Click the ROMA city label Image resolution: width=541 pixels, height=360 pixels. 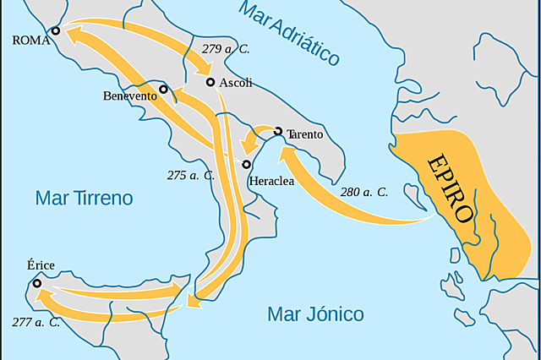(30, 39)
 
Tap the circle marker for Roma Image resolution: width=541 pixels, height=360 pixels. (56, 30)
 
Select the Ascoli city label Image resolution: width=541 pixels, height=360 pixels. (236, 83)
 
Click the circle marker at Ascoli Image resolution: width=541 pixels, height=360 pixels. (210, 82)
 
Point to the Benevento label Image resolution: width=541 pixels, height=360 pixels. (130, 96)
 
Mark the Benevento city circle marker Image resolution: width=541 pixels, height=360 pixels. (163, 89)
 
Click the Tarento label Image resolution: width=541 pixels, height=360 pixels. (305, 134)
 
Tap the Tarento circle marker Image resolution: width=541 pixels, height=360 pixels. (278, 131)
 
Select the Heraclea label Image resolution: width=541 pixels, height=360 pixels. (271, 181)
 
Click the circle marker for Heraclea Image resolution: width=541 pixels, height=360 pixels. (246, 164)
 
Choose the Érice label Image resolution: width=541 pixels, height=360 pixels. (41, 265)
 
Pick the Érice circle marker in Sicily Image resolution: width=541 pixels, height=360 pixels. (37, 284)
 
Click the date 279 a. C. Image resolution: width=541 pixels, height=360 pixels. (226, 49)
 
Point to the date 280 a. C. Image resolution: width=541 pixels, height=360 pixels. (364, 192)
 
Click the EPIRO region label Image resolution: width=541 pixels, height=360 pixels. (450, 187)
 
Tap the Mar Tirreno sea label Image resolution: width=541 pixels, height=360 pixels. (85, 199)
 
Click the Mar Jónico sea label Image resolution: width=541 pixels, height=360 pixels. (315, 314)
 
